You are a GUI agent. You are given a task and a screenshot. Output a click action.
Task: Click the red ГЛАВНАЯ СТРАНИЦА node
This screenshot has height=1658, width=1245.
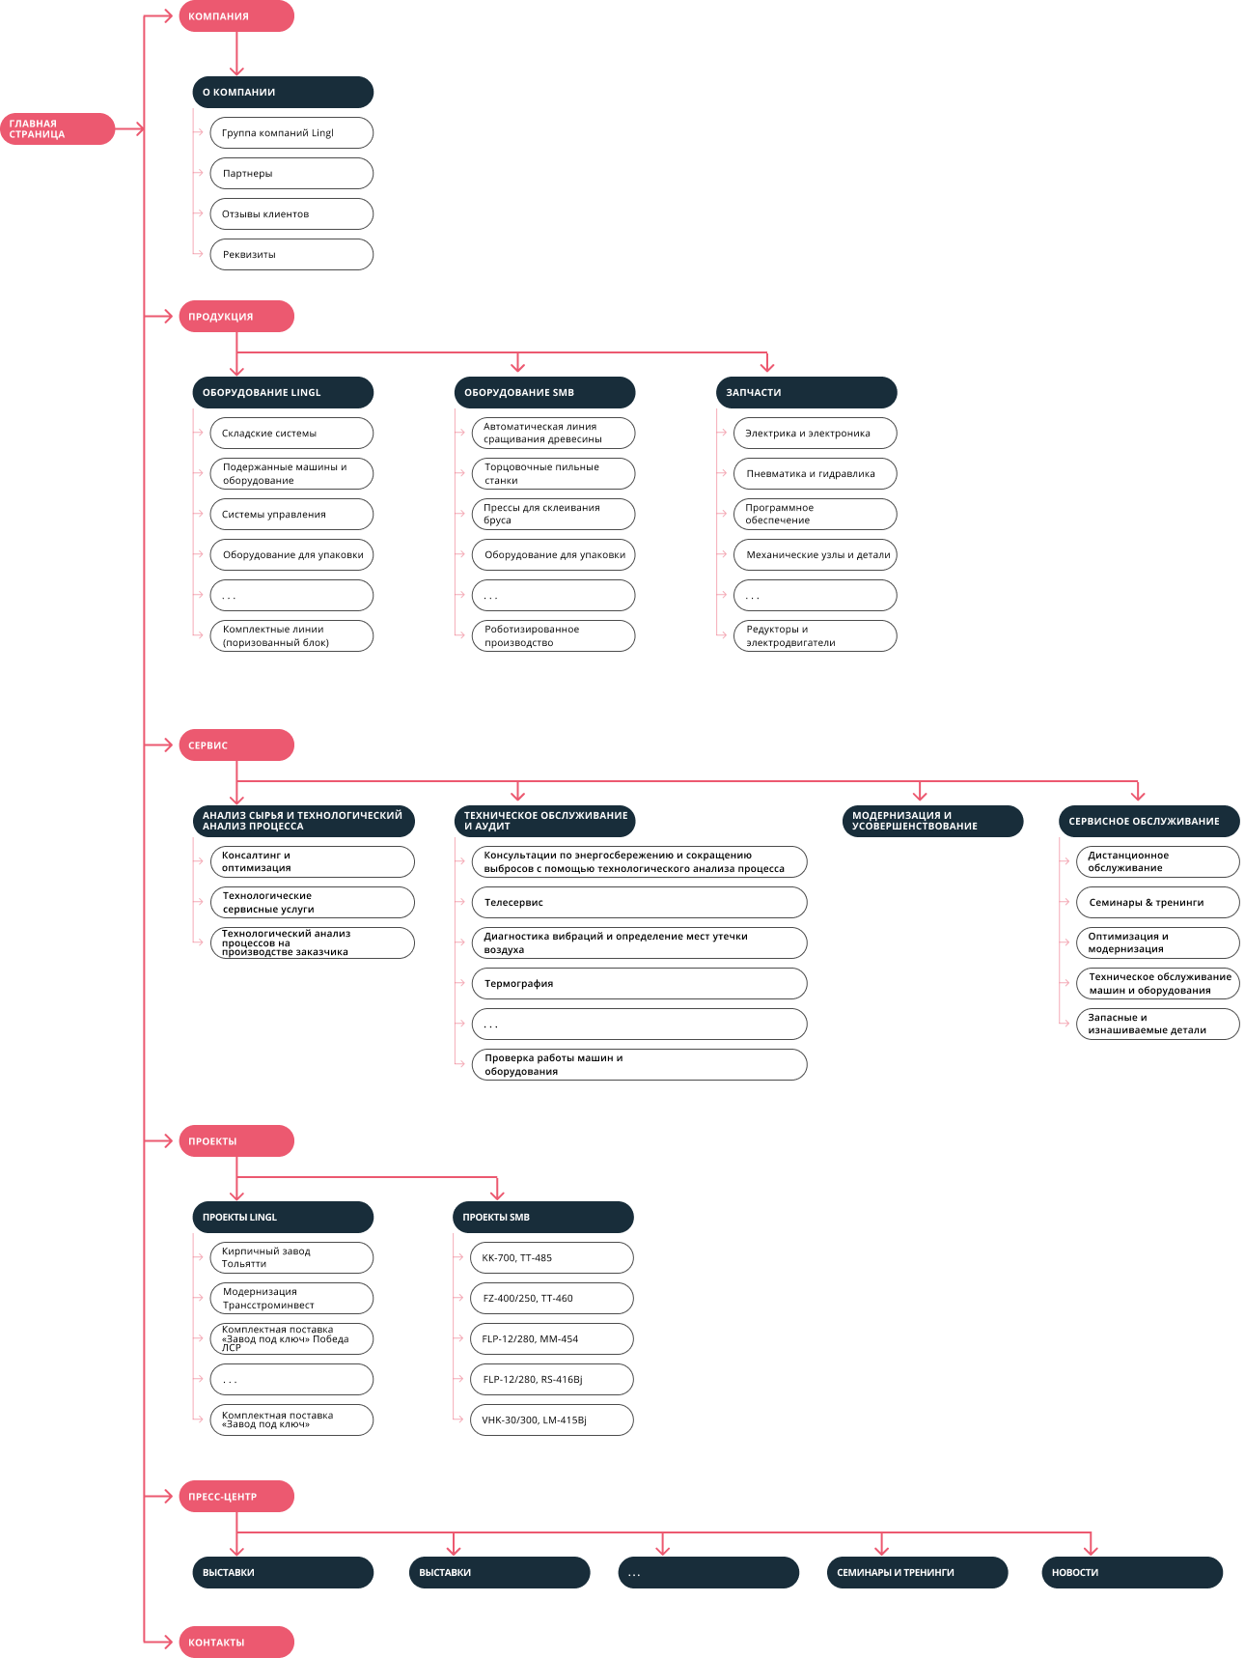57,128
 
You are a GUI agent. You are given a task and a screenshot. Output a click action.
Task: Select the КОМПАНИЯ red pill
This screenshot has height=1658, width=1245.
236,16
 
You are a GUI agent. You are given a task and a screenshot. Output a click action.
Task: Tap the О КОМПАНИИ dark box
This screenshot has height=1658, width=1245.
283,92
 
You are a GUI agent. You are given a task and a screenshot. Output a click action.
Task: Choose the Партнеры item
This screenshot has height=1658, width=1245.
291,173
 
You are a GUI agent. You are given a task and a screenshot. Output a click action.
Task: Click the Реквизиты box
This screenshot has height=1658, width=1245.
291,254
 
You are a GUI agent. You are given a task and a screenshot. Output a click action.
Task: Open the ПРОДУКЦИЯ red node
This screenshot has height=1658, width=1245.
236,316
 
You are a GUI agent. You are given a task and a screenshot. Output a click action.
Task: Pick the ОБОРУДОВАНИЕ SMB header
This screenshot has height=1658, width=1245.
544,392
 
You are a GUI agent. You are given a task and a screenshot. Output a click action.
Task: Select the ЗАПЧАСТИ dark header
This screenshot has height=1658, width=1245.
806,392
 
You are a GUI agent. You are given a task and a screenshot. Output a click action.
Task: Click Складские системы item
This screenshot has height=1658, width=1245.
291,433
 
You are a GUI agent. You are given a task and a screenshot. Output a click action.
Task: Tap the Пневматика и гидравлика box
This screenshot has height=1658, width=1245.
816,473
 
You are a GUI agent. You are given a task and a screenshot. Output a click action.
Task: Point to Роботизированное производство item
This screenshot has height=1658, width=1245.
553,635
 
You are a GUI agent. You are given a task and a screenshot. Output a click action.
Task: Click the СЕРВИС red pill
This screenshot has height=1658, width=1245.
236,745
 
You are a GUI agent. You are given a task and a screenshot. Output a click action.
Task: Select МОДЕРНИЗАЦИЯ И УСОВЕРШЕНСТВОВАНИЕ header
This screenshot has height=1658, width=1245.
932,821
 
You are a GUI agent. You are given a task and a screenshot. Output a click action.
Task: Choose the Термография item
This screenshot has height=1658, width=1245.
639,983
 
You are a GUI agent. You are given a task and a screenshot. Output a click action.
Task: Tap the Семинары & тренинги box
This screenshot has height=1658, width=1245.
1158,902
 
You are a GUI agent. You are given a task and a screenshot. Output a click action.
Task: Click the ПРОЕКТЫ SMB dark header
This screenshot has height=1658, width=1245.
543,1217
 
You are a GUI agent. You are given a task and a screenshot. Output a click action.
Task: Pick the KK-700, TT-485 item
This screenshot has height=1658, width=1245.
552,1257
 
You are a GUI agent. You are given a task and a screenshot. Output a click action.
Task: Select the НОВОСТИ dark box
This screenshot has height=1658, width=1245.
1132,1572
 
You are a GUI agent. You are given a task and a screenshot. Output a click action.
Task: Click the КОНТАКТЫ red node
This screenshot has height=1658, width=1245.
236,1642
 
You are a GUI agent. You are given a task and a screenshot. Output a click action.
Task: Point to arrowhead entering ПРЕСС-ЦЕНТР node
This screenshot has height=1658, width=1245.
168,1496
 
